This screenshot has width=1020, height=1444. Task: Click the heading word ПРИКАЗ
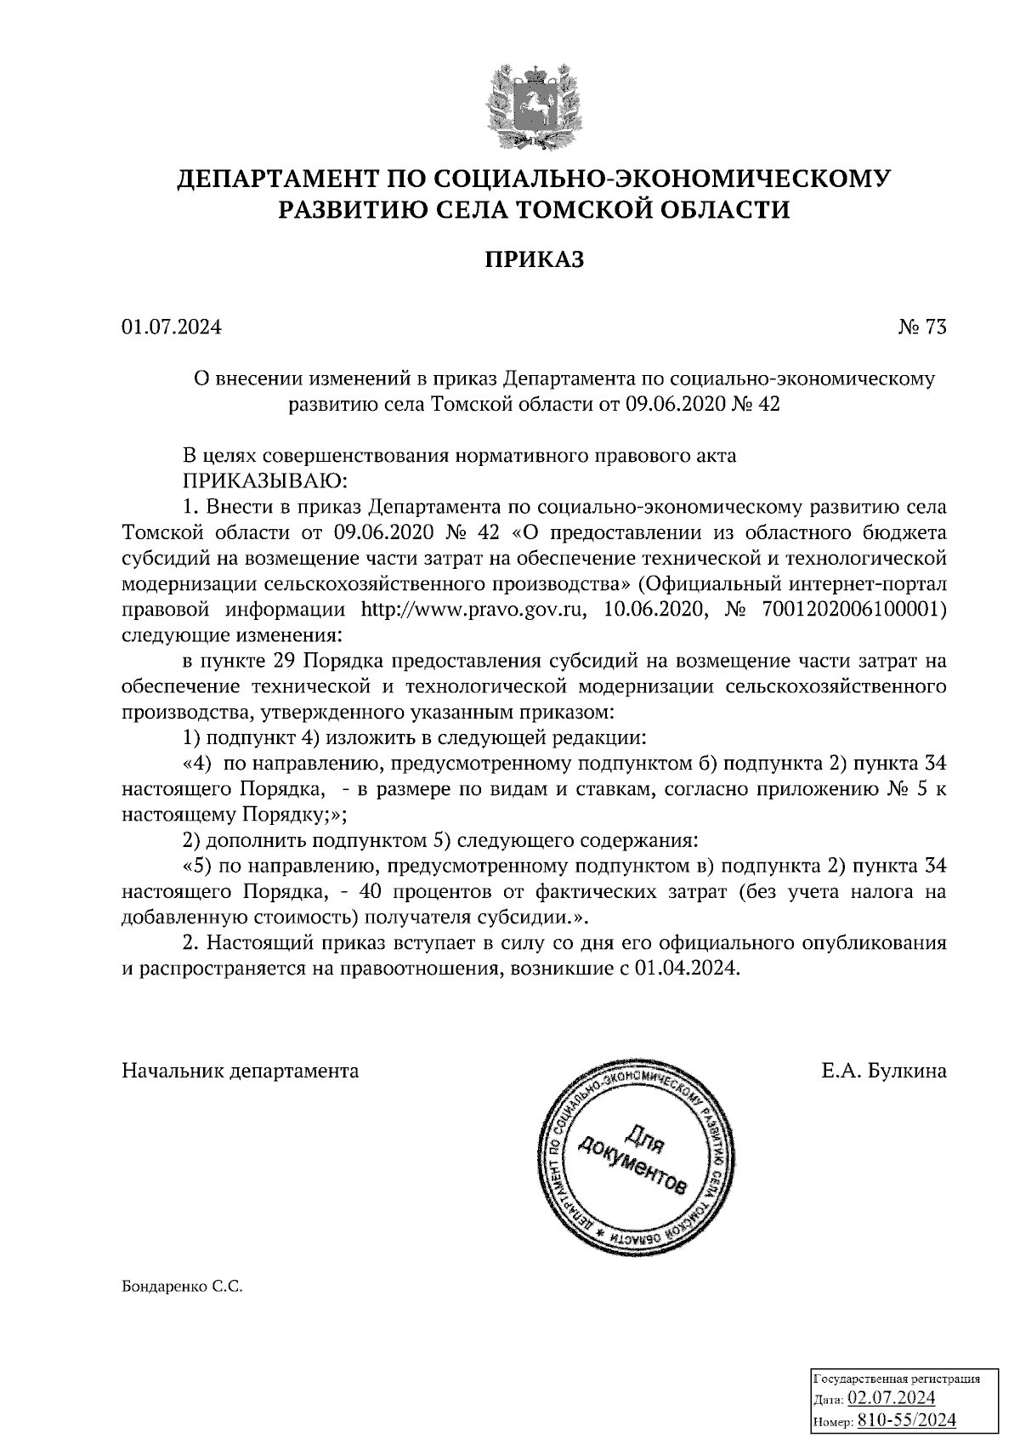point(534,260)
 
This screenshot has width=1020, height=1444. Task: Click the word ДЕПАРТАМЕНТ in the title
point(275,179)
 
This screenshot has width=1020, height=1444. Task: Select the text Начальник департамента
point(241,1071)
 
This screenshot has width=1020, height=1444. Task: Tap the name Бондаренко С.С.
point(183,1288)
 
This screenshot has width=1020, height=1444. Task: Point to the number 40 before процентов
point(371,892)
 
